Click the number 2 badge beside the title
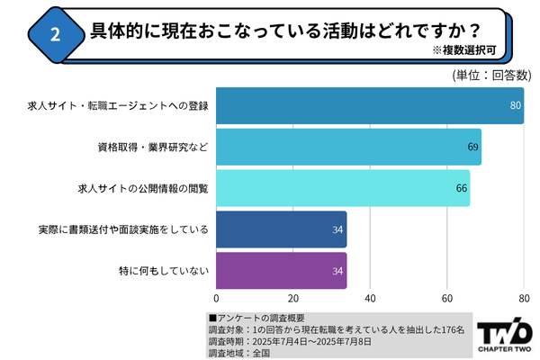[54, 35]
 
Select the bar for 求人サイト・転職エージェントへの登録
[369, 105]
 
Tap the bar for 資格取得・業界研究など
[349, 147]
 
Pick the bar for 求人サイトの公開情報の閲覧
[343, 188]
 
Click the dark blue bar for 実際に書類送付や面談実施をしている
[281, 229]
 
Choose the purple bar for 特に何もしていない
[281, 271]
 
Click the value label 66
[462, 188]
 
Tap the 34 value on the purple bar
[337, 271]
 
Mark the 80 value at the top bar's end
[516, 105]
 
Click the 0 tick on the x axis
[217, 298]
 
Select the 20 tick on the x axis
[293, 298]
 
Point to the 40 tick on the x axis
[370, 298]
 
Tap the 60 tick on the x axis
[447, 298]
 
